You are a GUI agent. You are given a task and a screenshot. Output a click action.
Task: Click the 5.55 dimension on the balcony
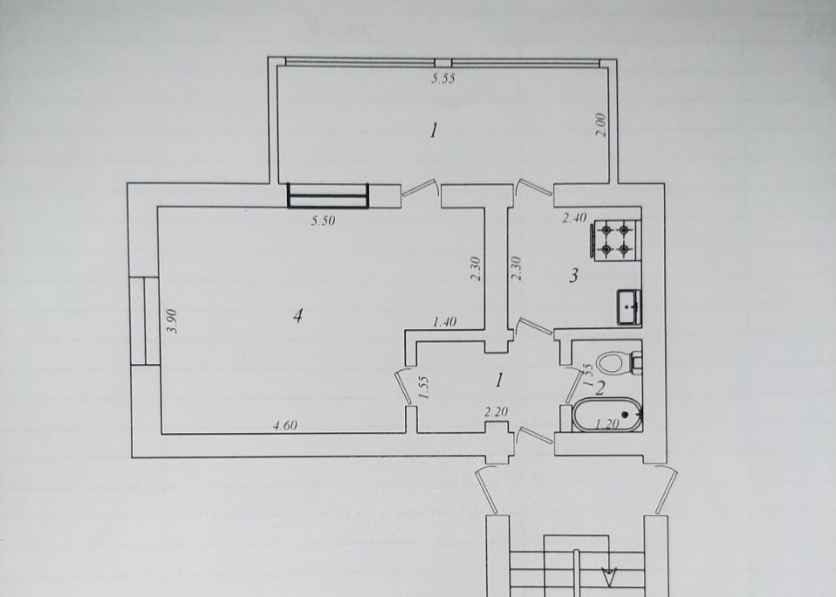(443, 79)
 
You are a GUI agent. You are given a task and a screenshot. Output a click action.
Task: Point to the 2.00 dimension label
(601, 125)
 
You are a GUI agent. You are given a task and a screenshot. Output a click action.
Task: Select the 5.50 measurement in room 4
(323, 220)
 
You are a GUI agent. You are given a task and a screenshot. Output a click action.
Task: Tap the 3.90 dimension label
(172, 321)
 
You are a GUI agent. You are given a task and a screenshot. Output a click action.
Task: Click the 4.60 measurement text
(285, 425)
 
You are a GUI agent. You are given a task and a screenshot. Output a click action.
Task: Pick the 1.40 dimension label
(445, 322)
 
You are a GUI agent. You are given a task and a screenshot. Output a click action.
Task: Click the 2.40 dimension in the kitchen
(575, 217)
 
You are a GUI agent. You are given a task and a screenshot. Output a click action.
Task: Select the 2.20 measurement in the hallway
(496, 411)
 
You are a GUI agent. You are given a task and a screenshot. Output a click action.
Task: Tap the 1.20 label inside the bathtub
(606, 424)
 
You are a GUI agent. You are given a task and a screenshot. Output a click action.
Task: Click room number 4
(298, 316)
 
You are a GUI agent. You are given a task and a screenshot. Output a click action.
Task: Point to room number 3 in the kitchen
(573, 276)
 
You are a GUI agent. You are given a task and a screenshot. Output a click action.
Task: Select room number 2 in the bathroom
(600, 388)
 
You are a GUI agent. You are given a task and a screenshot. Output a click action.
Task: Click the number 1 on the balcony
(434, 130)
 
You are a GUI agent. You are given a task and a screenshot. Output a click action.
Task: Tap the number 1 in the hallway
(499, 380)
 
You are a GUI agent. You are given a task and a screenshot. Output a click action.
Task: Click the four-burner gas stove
(615, 240)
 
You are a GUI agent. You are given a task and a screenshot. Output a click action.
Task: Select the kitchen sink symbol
(629, 306)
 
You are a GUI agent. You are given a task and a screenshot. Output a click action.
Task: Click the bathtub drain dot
(624, 415)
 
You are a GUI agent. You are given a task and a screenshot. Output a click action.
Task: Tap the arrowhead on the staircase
(607, 576)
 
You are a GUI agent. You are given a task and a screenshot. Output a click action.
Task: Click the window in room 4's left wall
(145, 321)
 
